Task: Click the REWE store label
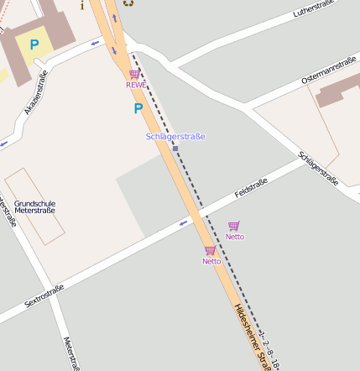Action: click(x=135, y=85)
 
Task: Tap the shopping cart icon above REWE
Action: click(x=134, y=75)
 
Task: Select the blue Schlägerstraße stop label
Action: click(x=175, y=136)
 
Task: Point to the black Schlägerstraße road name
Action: click(x=318, y=168)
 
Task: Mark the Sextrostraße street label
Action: click(x=44, y=296)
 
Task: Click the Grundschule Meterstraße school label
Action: click(x=34, y=206)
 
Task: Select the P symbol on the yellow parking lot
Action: click(x=34, y=44)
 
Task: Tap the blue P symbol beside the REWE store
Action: click(x=138, y=108)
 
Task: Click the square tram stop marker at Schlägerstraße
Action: click(x=175, y=149)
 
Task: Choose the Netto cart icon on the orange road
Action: click(x=210, y=251)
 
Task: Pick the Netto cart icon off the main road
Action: click(x=234, y=226)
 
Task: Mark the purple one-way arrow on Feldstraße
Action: click(x=183, y=223)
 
